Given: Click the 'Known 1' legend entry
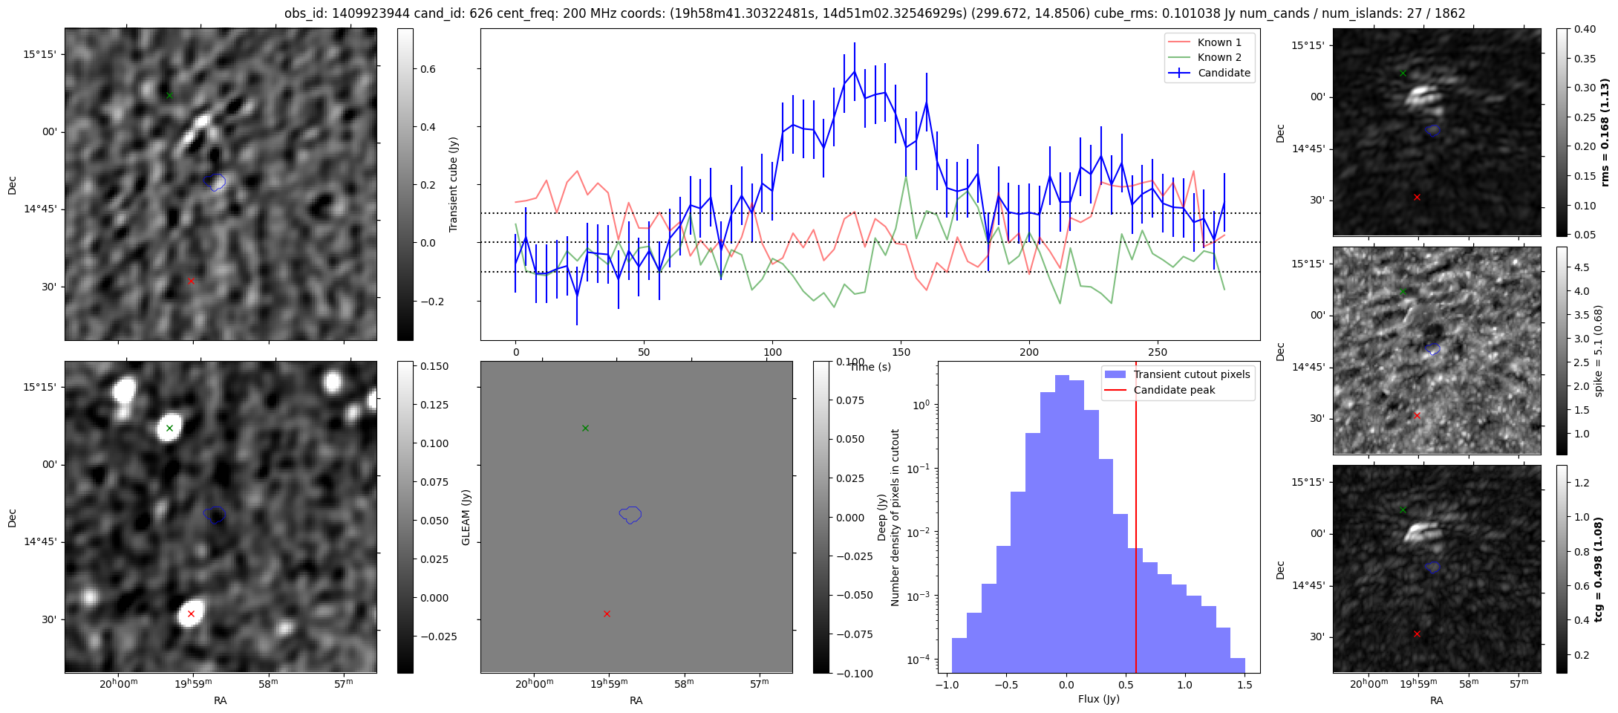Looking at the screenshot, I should pos(1219,42).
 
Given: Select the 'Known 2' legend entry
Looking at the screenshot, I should pos(1219,57).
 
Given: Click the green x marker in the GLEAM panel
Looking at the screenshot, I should pos(585,428).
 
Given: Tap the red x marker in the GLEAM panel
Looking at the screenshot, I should pos(607,613).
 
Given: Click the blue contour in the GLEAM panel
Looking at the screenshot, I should pos(630,514).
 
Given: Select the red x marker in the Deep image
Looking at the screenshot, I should pos(191,613).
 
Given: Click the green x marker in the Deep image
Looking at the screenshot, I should pos(169,428).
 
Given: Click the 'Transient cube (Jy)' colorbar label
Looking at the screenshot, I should pos(453,184).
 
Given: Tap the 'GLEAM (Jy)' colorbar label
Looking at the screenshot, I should pos(466,517).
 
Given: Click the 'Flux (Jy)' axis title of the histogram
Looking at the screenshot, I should pos(1098,699).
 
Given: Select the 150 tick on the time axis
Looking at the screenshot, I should pos(901,352).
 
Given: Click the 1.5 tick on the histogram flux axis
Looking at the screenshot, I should pos(1245,685).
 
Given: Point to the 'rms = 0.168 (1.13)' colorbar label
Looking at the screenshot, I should pos(1605,132).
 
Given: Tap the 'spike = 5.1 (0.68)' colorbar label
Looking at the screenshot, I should pos(1599,351).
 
